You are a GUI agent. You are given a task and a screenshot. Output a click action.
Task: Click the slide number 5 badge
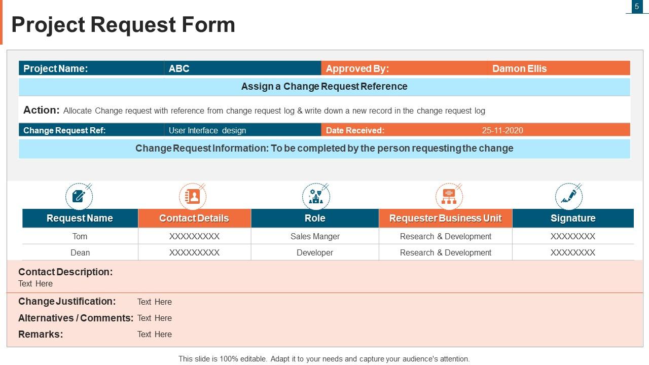coord(637,7)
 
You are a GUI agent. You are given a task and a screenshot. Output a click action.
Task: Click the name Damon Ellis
coord(519,68)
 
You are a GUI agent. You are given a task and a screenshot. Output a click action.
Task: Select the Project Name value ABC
coord(179,68)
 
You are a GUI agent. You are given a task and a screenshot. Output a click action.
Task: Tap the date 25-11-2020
coord(502,130)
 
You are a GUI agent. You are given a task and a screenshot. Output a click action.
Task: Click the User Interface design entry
coord(207,130)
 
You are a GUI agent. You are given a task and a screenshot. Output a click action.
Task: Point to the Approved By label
coord(357,68)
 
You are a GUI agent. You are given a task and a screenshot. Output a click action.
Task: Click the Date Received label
coord(355,130)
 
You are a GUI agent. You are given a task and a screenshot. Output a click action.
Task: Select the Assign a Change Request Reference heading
coord(324,86)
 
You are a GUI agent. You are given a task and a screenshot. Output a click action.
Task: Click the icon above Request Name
coord(79,196)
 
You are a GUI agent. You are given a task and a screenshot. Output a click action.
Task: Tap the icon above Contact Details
coord(193,196)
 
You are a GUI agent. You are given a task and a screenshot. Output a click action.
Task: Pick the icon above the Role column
coord(315,196)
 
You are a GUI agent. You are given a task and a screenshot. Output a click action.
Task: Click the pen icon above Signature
coord(568,196)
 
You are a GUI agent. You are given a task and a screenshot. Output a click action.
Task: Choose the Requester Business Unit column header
coord(445,218)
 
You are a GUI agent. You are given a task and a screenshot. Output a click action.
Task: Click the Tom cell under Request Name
coord(80,236)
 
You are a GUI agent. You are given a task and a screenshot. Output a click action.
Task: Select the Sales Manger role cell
coord(315,236)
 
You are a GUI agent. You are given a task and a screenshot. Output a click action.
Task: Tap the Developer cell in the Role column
coord(315,252)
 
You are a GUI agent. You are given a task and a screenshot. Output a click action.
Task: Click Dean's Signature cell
coord(572,252)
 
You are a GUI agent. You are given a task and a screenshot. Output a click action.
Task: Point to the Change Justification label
coord(67,301)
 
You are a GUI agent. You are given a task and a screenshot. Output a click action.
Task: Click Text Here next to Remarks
coord(154,334)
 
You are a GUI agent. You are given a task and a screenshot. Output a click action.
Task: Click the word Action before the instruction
coord(41,110)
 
